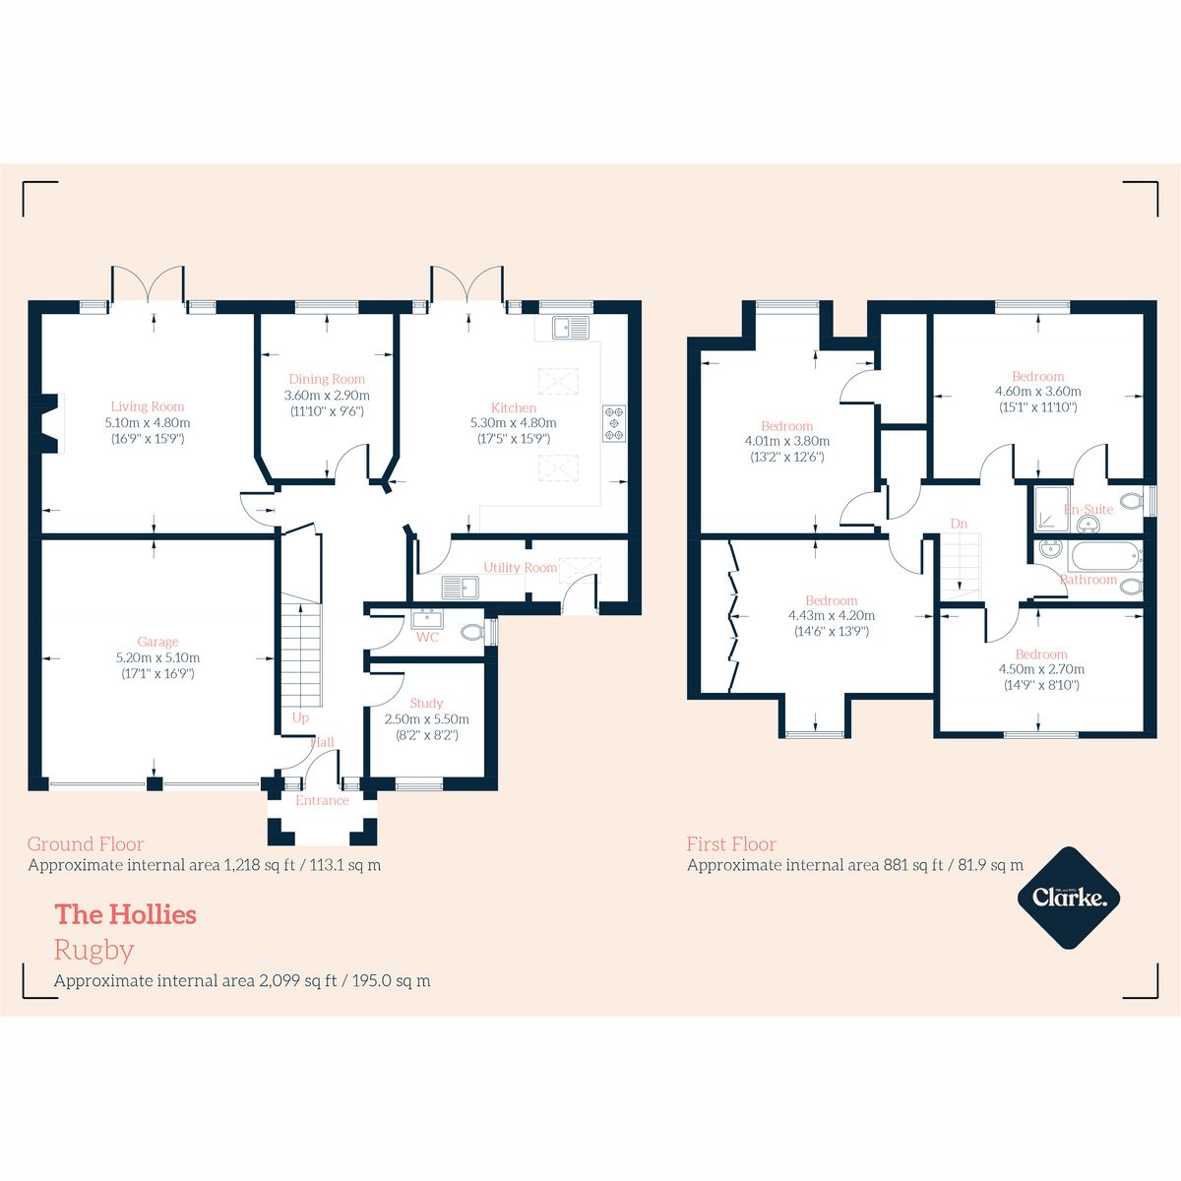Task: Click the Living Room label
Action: click(147, 406)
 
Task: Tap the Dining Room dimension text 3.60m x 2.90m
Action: click(326, 395)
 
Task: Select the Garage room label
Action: click(157, 642)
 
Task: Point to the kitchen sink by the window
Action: click(570, 326)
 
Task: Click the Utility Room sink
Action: click(459, 588)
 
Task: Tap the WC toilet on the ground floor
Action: click(473, 632)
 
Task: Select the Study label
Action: click(426, 703)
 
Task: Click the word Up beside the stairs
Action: click(300, 717)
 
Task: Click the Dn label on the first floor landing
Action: click(959, 524)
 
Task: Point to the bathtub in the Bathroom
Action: click(1105, 556)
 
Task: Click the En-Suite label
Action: click(1088, 509)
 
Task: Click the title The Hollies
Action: click(125, 914)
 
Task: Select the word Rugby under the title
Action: click(93, 950)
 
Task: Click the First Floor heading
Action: click(731, 843)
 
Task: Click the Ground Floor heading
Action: click(86, 843)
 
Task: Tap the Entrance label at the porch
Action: click(322, 800)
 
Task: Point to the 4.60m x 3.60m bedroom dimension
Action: click(1037, 391)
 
